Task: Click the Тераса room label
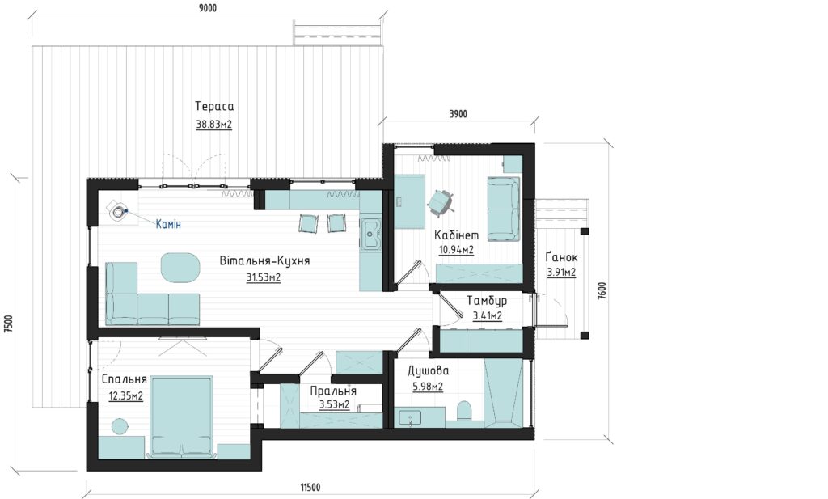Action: point(213,106)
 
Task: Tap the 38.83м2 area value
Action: point(213,125)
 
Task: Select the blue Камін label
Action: point(168,224)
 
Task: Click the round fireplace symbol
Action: point(118,212)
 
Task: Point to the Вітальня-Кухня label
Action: point(264,261)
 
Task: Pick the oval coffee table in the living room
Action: point(180,268)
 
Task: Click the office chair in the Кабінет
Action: point(439,201)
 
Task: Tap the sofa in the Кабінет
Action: point(503,209)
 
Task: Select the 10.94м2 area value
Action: point(456,250)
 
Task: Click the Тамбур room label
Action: point(487,301)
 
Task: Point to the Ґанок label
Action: point(562,257)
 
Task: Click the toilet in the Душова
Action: point(464,411)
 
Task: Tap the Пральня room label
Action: point(333,391)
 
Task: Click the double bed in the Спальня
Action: point(182,416)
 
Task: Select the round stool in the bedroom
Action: point(120,426)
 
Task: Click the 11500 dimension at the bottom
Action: point(310,488)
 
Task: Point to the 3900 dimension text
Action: point(458,113)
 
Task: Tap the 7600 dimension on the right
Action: point(602,291)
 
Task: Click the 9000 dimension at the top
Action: point(206,8)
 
